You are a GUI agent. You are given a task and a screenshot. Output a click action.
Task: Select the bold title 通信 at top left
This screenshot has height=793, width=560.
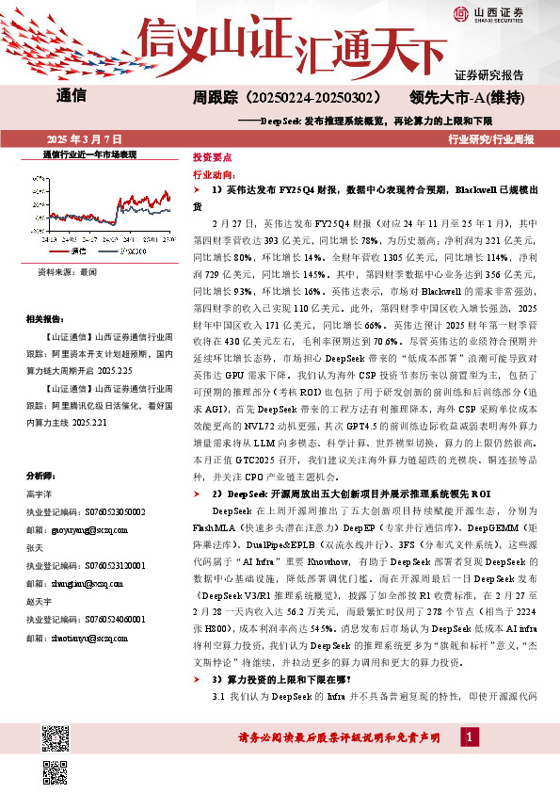[71, 96]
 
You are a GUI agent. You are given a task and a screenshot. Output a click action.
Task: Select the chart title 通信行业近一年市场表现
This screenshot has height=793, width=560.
[90, 154]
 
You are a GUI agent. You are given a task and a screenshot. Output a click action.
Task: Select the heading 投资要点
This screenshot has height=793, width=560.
[212, 157]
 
